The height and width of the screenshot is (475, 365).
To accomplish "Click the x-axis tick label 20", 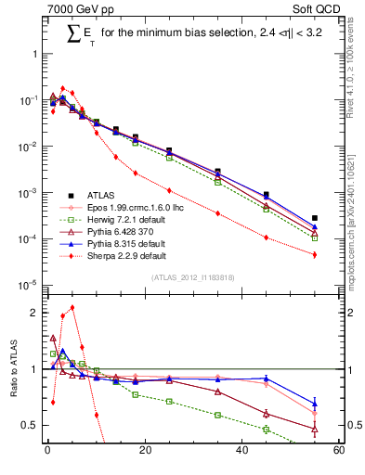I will point(144,451).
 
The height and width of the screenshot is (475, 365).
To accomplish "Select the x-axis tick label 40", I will point(241,451).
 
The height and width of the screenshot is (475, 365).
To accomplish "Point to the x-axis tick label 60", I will point(338,451).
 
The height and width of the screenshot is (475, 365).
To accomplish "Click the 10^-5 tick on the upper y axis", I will point(28,285).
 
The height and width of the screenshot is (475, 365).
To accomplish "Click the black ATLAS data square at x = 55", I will point(315,218).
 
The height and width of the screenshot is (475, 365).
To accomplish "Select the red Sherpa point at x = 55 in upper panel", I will point(315,254).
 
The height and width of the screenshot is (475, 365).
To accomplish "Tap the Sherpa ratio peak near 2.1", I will point(72,307).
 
